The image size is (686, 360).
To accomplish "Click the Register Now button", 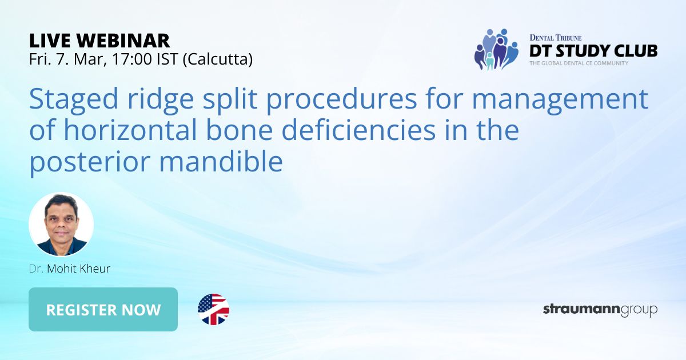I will click(x=103, y=310).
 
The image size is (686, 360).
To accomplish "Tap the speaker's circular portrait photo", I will click(x=61, y=225).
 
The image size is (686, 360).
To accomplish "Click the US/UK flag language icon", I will click(x=213, y=310).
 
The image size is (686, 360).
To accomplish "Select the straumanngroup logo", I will click(x=600, y=310).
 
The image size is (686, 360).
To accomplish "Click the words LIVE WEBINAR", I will click(x=99, y=40).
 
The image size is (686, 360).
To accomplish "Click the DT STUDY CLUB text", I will click(x=593, y=51).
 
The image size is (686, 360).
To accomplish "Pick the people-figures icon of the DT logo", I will click(x=495, y=50).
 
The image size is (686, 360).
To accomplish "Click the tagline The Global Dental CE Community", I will click(x=579, y=63).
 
